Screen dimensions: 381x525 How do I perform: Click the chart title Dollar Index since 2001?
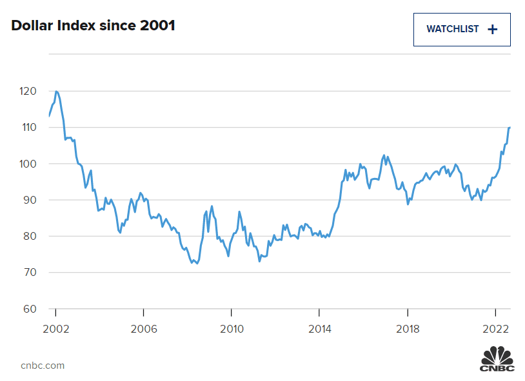tap(93, 26)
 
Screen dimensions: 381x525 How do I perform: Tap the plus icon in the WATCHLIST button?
tap(493, 30)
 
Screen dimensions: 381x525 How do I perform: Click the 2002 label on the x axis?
tap(55, 329)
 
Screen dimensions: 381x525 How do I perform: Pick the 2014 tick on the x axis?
tap(319, 329)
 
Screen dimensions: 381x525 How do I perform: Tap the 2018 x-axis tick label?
tap(407, 329)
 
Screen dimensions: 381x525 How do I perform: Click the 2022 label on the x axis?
tap(495, 329)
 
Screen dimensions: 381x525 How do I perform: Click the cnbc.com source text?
tap(43, 365)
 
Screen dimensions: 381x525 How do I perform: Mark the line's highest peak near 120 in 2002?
tap(57, 92)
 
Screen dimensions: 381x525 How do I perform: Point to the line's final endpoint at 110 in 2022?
tap(510, 128)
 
